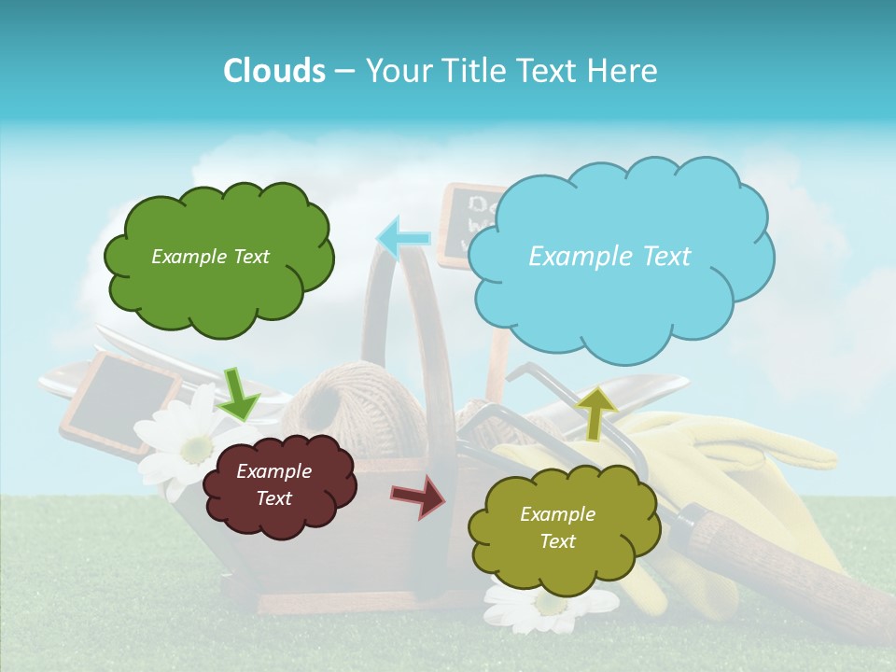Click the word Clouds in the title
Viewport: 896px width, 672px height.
pyautogui.click(x=273, y=71)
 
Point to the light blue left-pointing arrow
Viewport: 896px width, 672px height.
pyautogui.click(x=403, y=237)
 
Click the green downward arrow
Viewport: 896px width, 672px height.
pyautogui.click(x=239, y=393)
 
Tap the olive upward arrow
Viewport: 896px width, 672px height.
pyautogui.click(x=596, y=411)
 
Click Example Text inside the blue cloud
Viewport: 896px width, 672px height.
pyautogui.click(x=609, y=257)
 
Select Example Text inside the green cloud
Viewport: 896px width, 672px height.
pyautogui.click(x=210, y=257)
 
